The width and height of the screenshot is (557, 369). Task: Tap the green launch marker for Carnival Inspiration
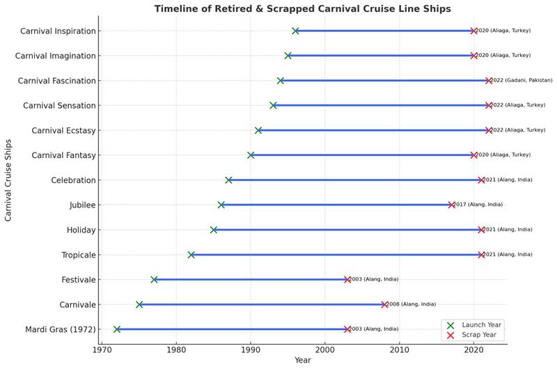click(295, 31)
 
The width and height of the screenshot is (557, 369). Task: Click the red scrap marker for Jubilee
click(452, 205)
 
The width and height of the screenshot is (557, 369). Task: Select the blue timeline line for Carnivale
click(261, 304)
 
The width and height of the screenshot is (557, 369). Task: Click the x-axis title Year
click(302, 361)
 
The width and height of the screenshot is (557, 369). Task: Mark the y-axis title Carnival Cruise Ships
click(8, 180)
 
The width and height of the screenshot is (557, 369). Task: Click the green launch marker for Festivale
click(154, 279)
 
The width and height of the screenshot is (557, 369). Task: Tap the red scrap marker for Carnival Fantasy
click(474, 155)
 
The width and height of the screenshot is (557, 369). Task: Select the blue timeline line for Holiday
click(348, 230)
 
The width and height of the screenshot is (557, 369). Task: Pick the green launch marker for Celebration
click(228, 180)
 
